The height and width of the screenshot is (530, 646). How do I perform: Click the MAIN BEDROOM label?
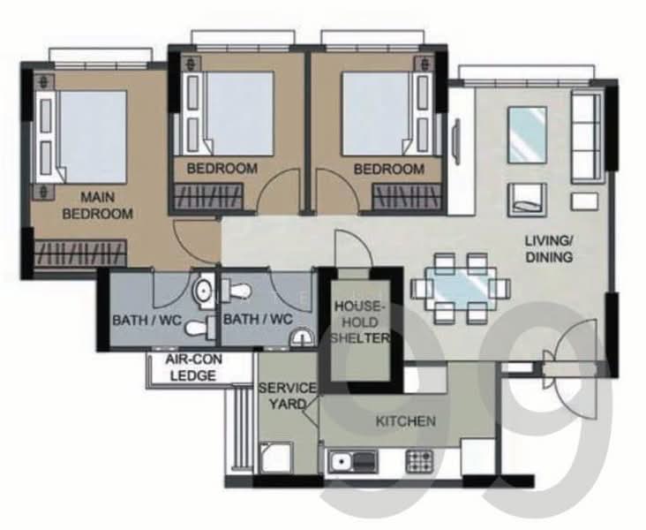pyautogui.click(x=98, y=206)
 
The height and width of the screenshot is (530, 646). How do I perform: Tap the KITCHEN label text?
pyautogui.click(x=406, y=421)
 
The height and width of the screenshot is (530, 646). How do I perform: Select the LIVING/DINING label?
pyautogui.click(x=549, y=249)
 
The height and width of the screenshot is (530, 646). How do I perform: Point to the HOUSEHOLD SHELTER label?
pyautogui.click(x=360, y=322)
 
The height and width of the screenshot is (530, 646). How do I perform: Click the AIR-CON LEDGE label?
pyautogui.click(x=193, y=367)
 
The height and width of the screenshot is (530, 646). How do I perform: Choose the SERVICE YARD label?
pyautogui.click(x=288, y=396)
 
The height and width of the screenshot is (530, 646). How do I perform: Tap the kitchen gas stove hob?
pyautogui.click(x=419, y=461)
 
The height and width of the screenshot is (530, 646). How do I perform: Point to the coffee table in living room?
pyautogui.click(x=528, y=135)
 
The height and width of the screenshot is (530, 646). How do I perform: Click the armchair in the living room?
pyautogui.click(x=528, y=200)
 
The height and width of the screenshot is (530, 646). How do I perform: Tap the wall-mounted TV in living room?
pyautogui.click(x=455, y=141)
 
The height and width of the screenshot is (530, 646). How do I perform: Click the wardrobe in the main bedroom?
pyautogui.click(x=80, y=253)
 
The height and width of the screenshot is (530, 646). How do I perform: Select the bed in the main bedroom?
pyautogui.click(x=81, y=137)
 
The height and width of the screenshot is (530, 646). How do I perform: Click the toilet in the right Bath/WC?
pyautogui.click(x=236, y=289)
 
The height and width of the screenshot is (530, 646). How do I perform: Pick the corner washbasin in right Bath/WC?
pyautogui.click(x=304, y=337)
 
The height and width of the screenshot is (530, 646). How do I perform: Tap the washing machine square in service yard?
pyautogui.click(x=276, y=458)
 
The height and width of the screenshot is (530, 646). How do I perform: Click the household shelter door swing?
pyautogui.click(x=354, y=250)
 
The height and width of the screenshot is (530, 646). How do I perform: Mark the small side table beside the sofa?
pyautogui.click(x=584, y=201)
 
